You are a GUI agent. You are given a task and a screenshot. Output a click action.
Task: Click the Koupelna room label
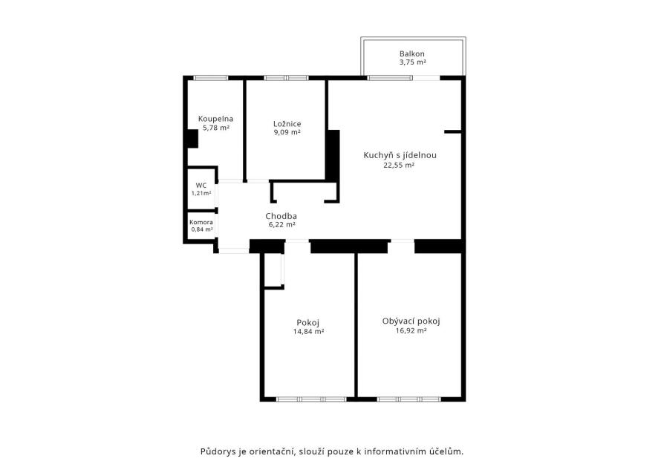(x=215, y=119)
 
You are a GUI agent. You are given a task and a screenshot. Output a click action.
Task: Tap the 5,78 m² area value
(x=216, y=128)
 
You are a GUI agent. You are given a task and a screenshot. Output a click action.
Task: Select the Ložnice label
(x=287, y=124)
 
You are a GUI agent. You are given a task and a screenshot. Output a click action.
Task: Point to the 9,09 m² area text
(x=287, y=132)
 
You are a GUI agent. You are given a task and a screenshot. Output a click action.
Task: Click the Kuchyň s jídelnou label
(x=400, y=155)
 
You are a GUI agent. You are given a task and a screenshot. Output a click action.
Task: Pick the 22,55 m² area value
(x=399, y=165)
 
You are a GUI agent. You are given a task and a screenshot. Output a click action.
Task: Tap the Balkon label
(x=412, y=53)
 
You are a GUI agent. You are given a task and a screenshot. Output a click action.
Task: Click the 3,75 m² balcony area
(x=412, y=62)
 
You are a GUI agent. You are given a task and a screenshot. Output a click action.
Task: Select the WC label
(x=201, y=186)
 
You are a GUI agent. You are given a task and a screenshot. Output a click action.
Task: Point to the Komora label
(x=201, y=222)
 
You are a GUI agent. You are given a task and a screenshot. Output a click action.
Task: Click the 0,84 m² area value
(x=202, y=229)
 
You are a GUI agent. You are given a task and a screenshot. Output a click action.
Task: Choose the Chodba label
(x=281, y=216)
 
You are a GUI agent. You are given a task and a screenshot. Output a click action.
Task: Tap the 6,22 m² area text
(x=282, y=225)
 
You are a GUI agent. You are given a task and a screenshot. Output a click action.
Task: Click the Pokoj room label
(x=308, y=323)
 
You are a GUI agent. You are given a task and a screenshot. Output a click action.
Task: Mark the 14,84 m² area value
(x=309, y=332)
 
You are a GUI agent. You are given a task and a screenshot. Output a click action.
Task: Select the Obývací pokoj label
(x=411, y=321)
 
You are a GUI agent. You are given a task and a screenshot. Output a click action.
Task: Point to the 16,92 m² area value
(x=411, y=330)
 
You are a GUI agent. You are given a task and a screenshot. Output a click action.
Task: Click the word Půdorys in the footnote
(x=217, y=451)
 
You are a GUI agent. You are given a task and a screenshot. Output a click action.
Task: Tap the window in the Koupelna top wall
(x=210, y=78)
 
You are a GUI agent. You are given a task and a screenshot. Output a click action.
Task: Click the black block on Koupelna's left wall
(x=192, y=138)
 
